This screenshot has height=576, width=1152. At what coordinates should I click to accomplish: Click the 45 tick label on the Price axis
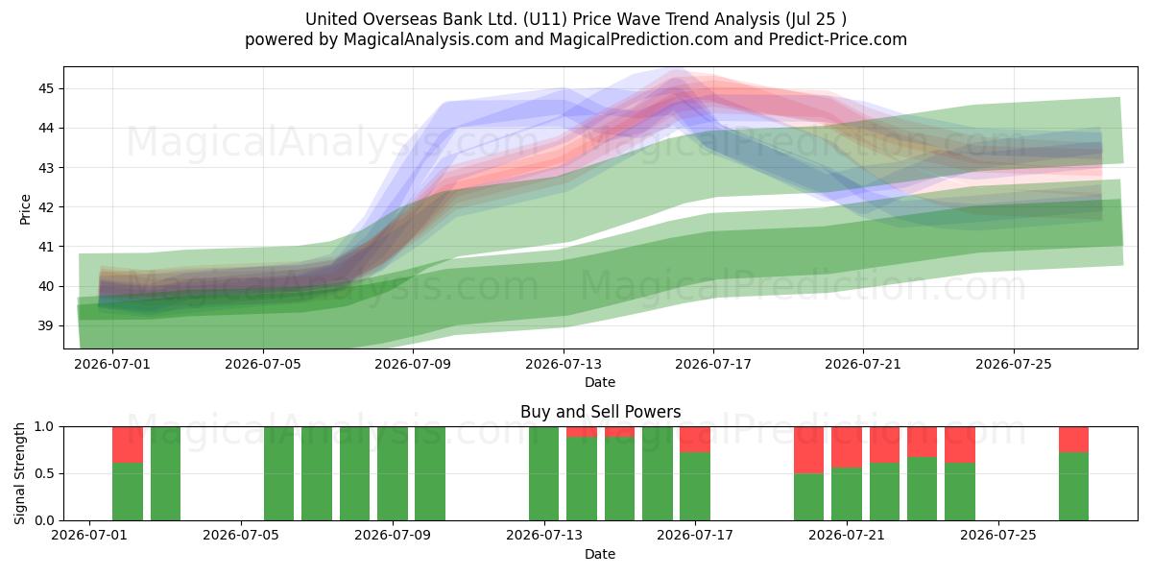click(46, 89)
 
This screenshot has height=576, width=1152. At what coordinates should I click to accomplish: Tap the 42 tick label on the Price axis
click(46, 207)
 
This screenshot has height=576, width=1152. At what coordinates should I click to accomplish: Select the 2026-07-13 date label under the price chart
click(564, 364)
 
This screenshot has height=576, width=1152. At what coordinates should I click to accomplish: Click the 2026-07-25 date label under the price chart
click(1014, 364)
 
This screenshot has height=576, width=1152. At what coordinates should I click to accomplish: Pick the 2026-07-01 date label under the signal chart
click(89, 535)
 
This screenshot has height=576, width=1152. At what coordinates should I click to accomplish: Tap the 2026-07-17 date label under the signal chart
click(695, 535)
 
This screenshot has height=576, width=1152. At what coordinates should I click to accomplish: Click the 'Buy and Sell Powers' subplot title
click(600, 412)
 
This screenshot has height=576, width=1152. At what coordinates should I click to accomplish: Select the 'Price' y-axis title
click(25, 209)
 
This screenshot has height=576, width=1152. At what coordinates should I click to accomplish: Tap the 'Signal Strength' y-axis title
click(19, 473)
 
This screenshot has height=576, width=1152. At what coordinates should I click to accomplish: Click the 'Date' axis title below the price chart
click(600, 382)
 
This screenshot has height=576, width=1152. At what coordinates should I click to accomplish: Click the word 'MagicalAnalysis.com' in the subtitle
click(426, 39)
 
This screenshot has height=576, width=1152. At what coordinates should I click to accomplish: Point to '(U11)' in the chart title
click(545, 19)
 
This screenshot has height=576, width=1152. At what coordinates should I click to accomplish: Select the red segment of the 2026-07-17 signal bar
click(695, 440)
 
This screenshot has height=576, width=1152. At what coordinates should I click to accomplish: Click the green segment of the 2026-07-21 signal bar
click(847, 494)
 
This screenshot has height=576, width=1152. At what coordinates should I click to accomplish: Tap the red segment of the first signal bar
click(128, 444)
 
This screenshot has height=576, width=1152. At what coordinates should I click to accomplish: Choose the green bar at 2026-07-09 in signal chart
click(393, 473)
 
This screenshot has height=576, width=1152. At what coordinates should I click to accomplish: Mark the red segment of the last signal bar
click(1073, 440)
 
